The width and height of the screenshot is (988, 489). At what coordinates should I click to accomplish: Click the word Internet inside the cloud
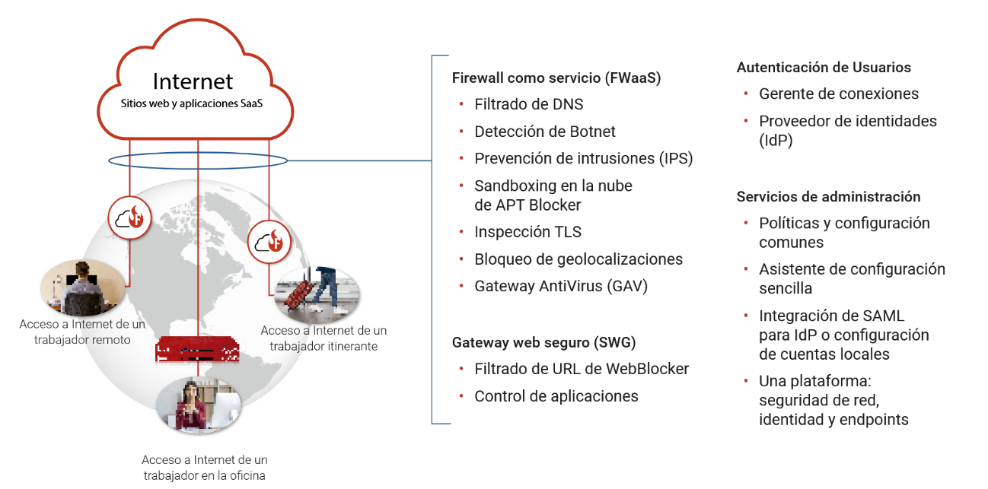193,81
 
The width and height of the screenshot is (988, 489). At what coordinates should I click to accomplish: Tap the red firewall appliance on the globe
197,351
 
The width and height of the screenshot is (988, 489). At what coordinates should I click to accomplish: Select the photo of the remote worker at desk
81,287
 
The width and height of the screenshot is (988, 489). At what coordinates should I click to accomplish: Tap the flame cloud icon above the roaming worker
269,241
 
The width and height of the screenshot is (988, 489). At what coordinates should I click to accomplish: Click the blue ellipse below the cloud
197,160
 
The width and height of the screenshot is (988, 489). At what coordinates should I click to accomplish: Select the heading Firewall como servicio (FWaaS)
556,78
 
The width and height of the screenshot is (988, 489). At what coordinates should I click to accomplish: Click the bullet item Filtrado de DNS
528,104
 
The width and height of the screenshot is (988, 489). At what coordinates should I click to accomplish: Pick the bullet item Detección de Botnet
544,132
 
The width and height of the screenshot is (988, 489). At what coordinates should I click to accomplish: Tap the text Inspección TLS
527,232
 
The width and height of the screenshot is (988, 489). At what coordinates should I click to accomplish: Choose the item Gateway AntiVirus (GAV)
561,286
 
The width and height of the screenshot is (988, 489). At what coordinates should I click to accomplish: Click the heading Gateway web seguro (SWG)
543,342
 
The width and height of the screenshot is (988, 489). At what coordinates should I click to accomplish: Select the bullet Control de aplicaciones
556,396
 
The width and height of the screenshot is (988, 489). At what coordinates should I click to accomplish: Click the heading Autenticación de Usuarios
824,68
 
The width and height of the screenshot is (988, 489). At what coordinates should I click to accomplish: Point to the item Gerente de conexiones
838,94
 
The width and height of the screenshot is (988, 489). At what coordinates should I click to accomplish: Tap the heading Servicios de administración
828,197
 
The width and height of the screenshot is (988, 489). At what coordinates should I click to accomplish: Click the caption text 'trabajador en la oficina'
205,475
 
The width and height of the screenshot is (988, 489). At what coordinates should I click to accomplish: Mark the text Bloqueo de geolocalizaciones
578,259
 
